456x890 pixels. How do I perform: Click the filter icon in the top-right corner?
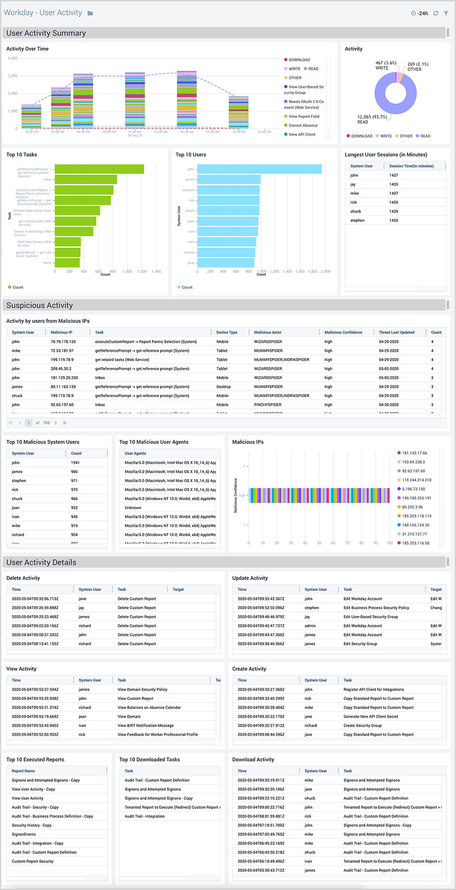click(446, 13)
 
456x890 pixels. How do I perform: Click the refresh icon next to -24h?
click(435, 13)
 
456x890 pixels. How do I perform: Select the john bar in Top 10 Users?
click(259, 169)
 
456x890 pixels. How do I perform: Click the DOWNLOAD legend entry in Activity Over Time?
click(299, 60)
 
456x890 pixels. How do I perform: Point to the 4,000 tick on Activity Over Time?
click(13, 58)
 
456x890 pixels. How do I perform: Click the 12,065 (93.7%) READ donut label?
click(372, 119)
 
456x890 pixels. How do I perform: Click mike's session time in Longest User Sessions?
click(394, 193)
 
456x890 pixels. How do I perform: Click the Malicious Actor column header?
click(268, 332)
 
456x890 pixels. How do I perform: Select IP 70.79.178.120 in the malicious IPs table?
click(63, 342)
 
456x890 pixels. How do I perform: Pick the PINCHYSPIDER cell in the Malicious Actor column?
click(268, 405)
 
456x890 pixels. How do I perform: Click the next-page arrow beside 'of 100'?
click(56, 423)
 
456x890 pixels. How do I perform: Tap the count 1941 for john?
click(75, 463)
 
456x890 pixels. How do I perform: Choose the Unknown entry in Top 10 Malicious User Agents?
click(133, 508)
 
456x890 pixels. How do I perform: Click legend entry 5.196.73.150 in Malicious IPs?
click(413, 489)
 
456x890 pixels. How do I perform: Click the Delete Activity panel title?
click(23, 578)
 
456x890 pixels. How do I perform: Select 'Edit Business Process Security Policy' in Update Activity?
click(376, 608)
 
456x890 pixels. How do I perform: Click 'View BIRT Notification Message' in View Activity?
click(145, 725)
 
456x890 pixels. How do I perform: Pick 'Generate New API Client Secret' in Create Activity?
click(371, 716)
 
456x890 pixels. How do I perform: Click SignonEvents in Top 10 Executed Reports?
click(24, 834)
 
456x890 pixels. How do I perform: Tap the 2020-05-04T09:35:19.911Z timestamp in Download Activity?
click(261, 780)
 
